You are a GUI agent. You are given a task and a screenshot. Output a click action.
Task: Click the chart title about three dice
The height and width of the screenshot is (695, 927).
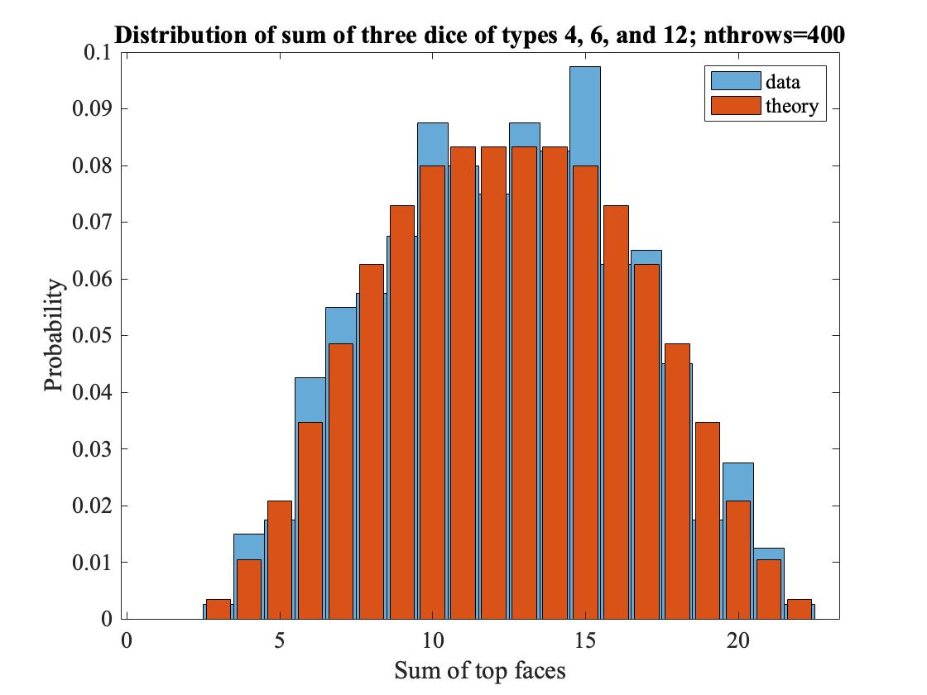[x=479, y=36]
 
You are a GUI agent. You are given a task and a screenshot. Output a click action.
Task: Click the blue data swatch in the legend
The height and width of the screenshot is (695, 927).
[x=736, y=81]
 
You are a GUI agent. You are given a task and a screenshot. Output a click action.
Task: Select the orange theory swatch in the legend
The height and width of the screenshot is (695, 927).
[x=736, y=105]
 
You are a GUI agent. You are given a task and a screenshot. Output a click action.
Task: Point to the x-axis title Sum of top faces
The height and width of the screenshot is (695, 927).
[x=479, y=670]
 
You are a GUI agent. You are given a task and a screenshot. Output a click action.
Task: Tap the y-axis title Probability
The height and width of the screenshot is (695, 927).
[x=53, y=335]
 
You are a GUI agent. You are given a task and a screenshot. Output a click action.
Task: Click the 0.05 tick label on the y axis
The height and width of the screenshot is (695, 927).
[x=92, y=336]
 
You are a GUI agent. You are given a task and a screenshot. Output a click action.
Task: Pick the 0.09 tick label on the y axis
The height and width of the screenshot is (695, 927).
[x=92, y=108]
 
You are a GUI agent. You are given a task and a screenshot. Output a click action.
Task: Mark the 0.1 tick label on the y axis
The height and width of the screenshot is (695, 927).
[x=98, y=52]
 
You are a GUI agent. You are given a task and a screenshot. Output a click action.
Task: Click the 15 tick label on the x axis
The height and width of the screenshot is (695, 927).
[x=585, y=640]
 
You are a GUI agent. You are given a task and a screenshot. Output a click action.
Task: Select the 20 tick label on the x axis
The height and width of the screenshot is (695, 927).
[x=737, y=640]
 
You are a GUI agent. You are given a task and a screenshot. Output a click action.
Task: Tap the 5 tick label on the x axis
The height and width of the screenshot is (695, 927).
[x=280, y=640]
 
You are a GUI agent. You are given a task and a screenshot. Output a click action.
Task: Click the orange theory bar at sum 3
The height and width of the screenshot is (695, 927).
[x=219, y=609]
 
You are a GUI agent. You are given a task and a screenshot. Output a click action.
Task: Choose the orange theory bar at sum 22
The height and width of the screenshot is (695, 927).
[x=800, y=609]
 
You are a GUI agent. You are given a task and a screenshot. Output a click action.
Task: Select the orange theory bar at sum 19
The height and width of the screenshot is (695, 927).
[x=708, y=520]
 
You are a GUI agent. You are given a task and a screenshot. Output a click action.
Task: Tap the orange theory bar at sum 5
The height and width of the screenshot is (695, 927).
[x=280, y=560]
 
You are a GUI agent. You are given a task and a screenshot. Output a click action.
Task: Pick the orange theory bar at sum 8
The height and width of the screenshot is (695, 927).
[x=372, y=442]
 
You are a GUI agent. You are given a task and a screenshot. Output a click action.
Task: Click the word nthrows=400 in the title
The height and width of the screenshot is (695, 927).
[x=774, y=36]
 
